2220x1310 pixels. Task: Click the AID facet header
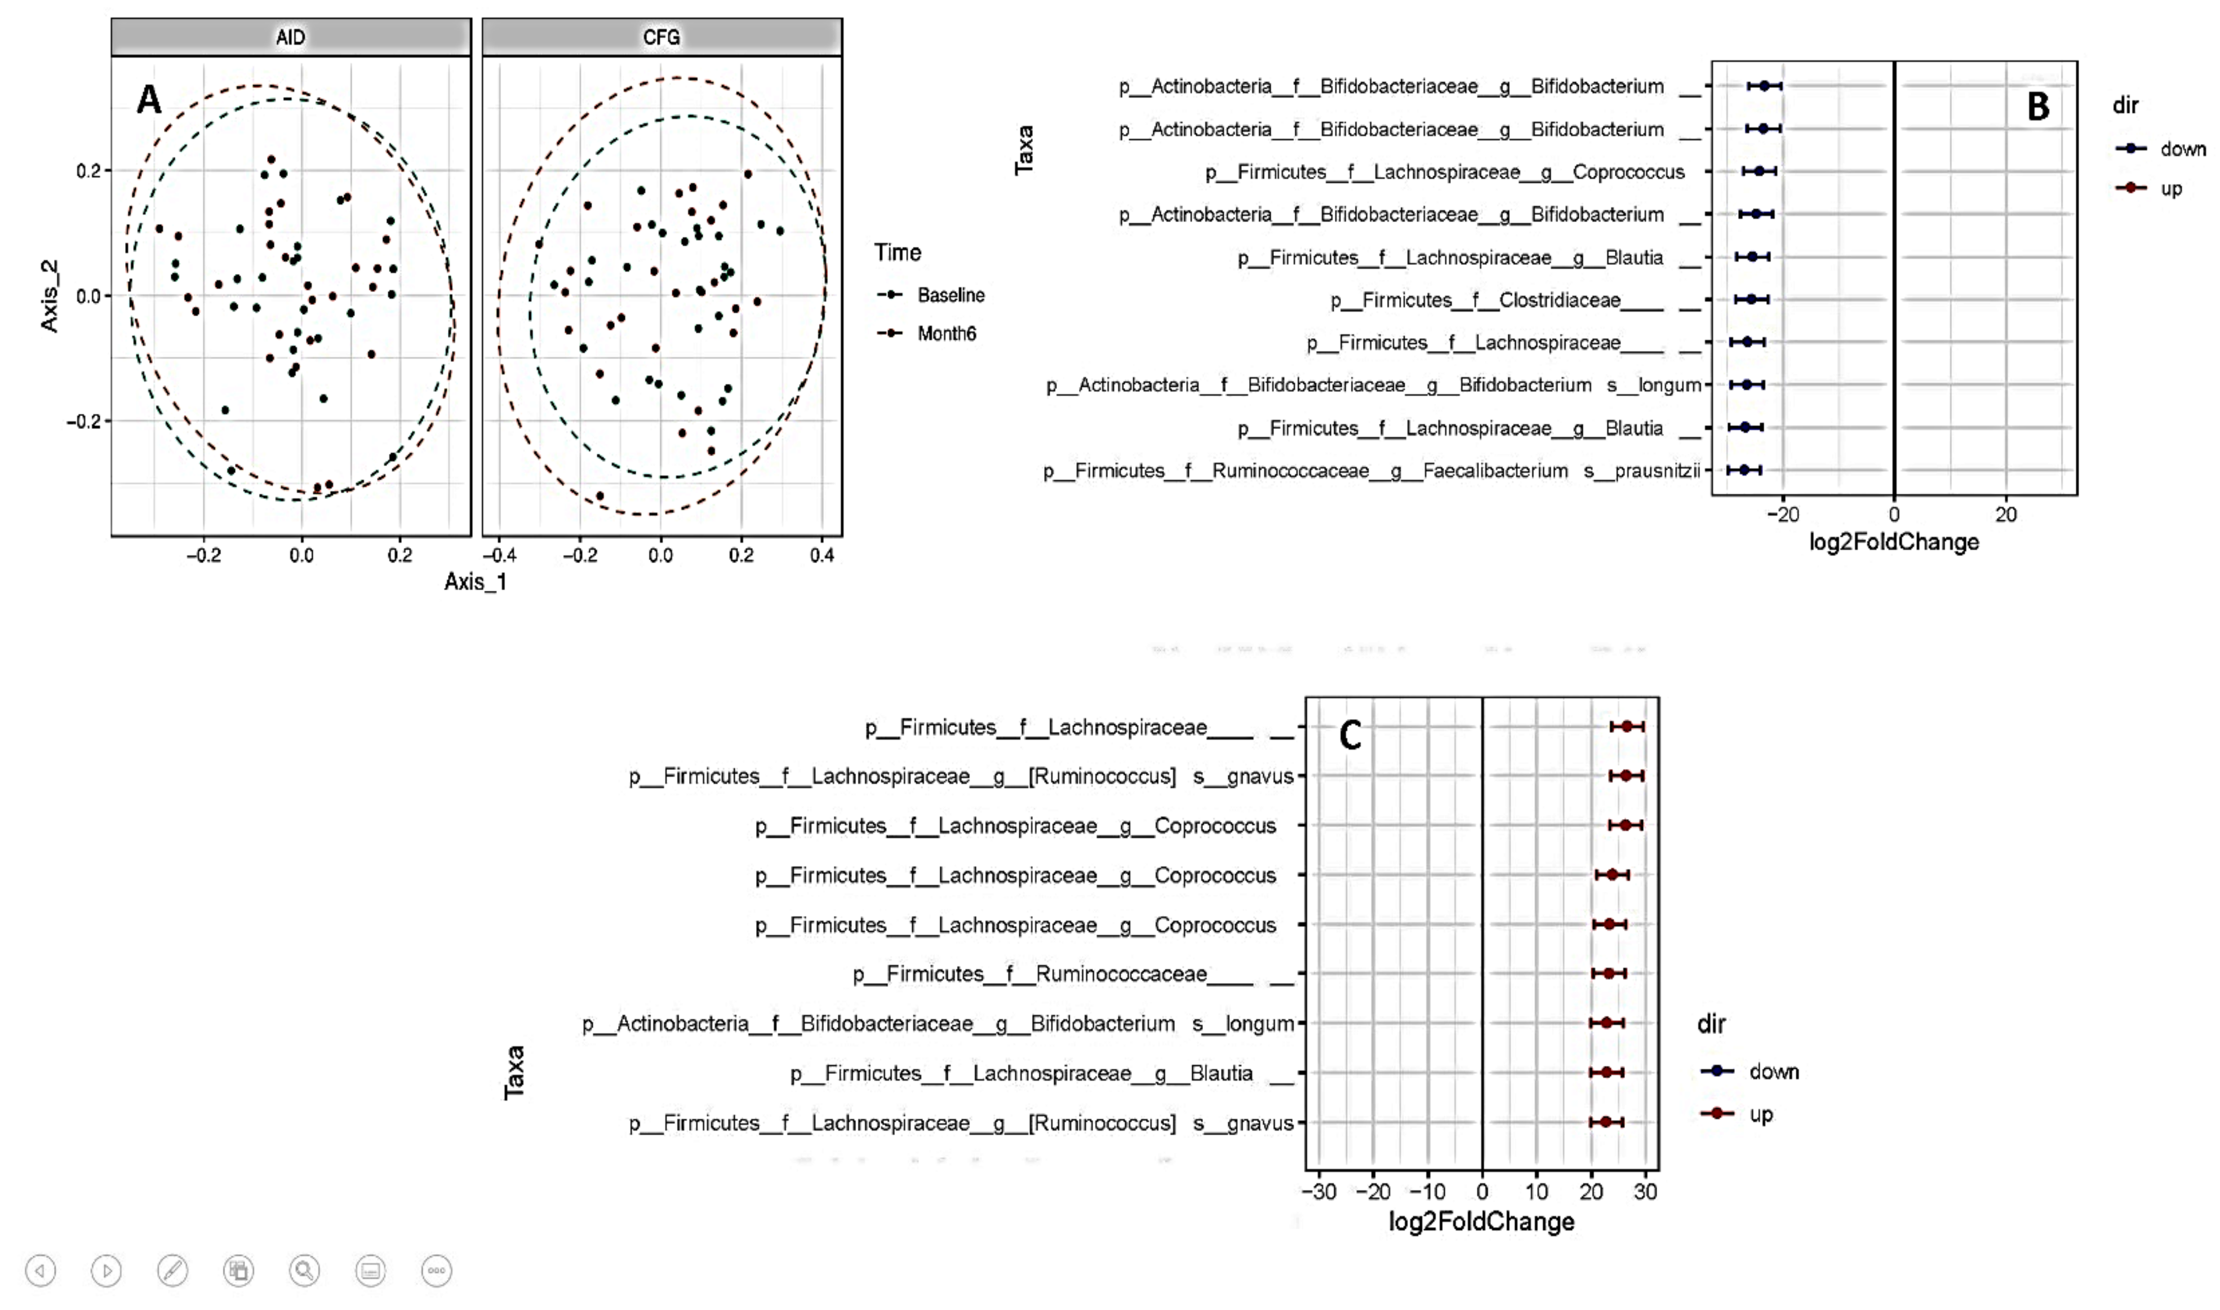point(290,37)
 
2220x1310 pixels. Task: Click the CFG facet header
point(661,37)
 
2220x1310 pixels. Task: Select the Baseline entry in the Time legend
point(949,295)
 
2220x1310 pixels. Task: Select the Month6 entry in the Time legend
point(946,334)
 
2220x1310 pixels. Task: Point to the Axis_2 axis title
point(50,296)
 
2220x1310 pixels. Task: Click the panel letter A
point(149,100)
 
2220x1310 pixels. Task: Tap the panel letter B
point(2038,107)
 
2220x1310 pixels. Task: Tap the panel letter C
point(1350,734)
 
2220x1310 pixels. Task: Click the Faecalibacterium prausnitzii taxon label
point(1371,471)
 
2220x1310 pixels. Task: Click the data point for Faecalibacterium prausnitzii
point(1743,471)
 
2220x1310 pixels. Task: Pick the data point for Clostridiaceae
point(1751,299)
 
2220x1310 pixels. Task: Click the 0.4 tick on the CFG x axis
point(822,555)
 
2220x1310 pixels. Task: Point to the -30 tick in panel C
point(1318,1192)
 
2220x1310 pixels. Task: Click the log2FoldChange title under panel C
point(1481,1222)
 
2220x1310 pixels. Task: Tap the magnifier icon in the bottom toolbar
point(304,1271)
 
